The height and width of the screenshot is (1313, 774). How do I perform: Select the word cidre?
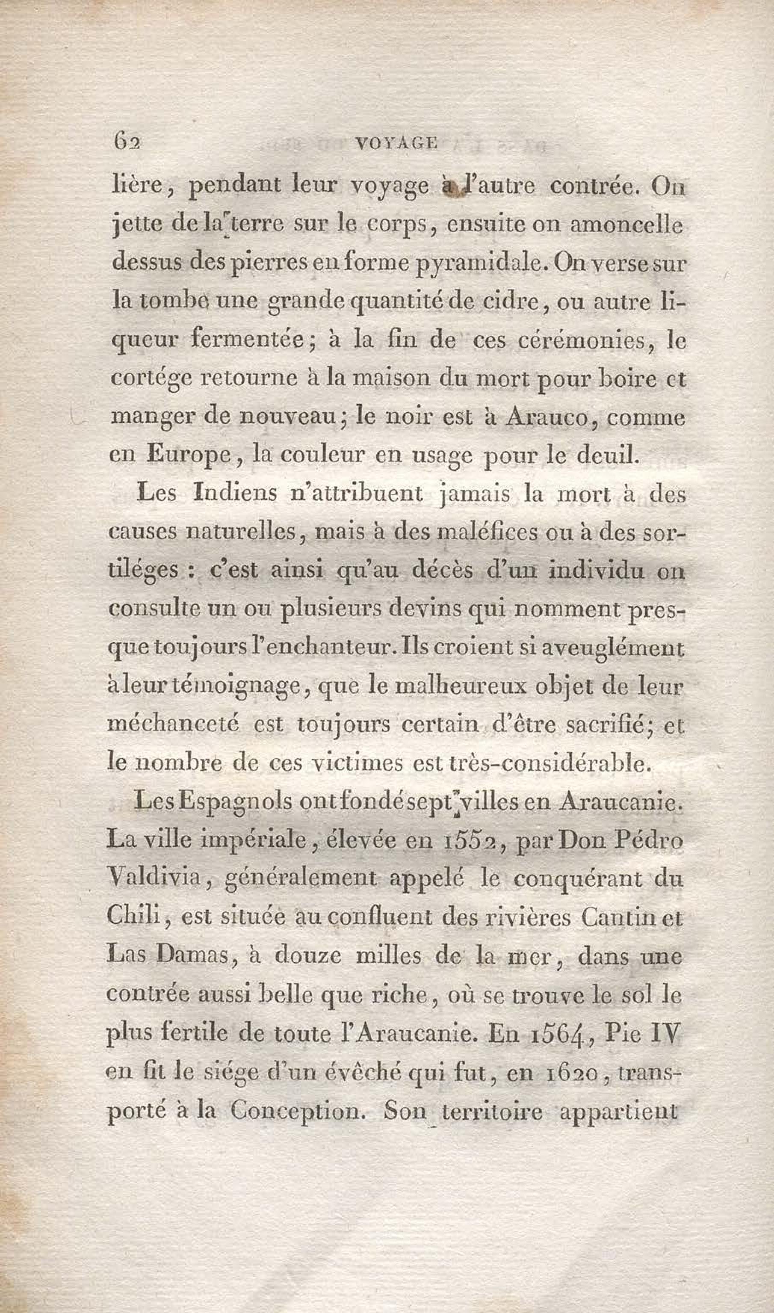coord(513,302)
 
